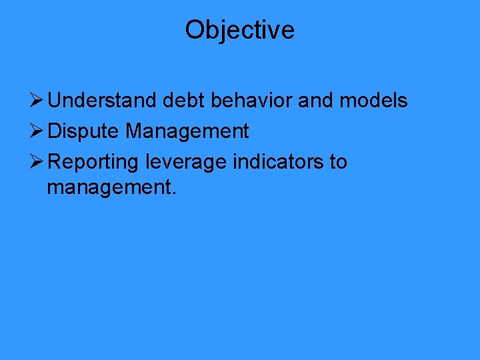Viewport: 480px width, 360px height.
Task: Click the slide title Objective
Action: tap(239, 30)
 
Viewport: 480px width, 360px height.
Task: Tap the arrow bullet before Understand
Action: tap(37, 101)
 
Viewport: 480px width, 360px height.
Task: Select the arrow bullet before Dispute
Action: tap(37, 131)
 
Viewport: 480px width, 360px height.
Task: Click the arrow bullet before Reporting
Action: tap(37, 162)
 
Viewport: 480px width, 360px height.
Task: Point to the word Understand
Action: tap(103, 101)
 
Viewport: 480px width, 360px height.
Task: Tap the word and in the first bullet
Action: tap(316, 101)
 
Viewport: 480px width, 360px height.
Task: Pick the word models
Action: tap(374, 101)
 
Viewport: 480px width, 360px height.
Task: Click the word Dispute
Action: tap(84, 132)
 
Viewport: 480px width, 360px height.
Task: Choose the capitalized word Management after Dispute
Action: tap(187, 132)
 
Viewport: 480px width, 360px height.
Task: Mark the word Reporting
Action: tap(94, 163)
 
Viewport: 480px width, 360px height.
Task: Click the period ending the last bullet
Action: tap(174, 195)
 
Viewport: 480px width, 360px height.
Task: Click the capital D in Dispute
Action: tap(55, 131)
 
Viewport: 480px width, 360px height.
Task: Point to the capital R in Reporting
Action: tap(56, 162)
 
